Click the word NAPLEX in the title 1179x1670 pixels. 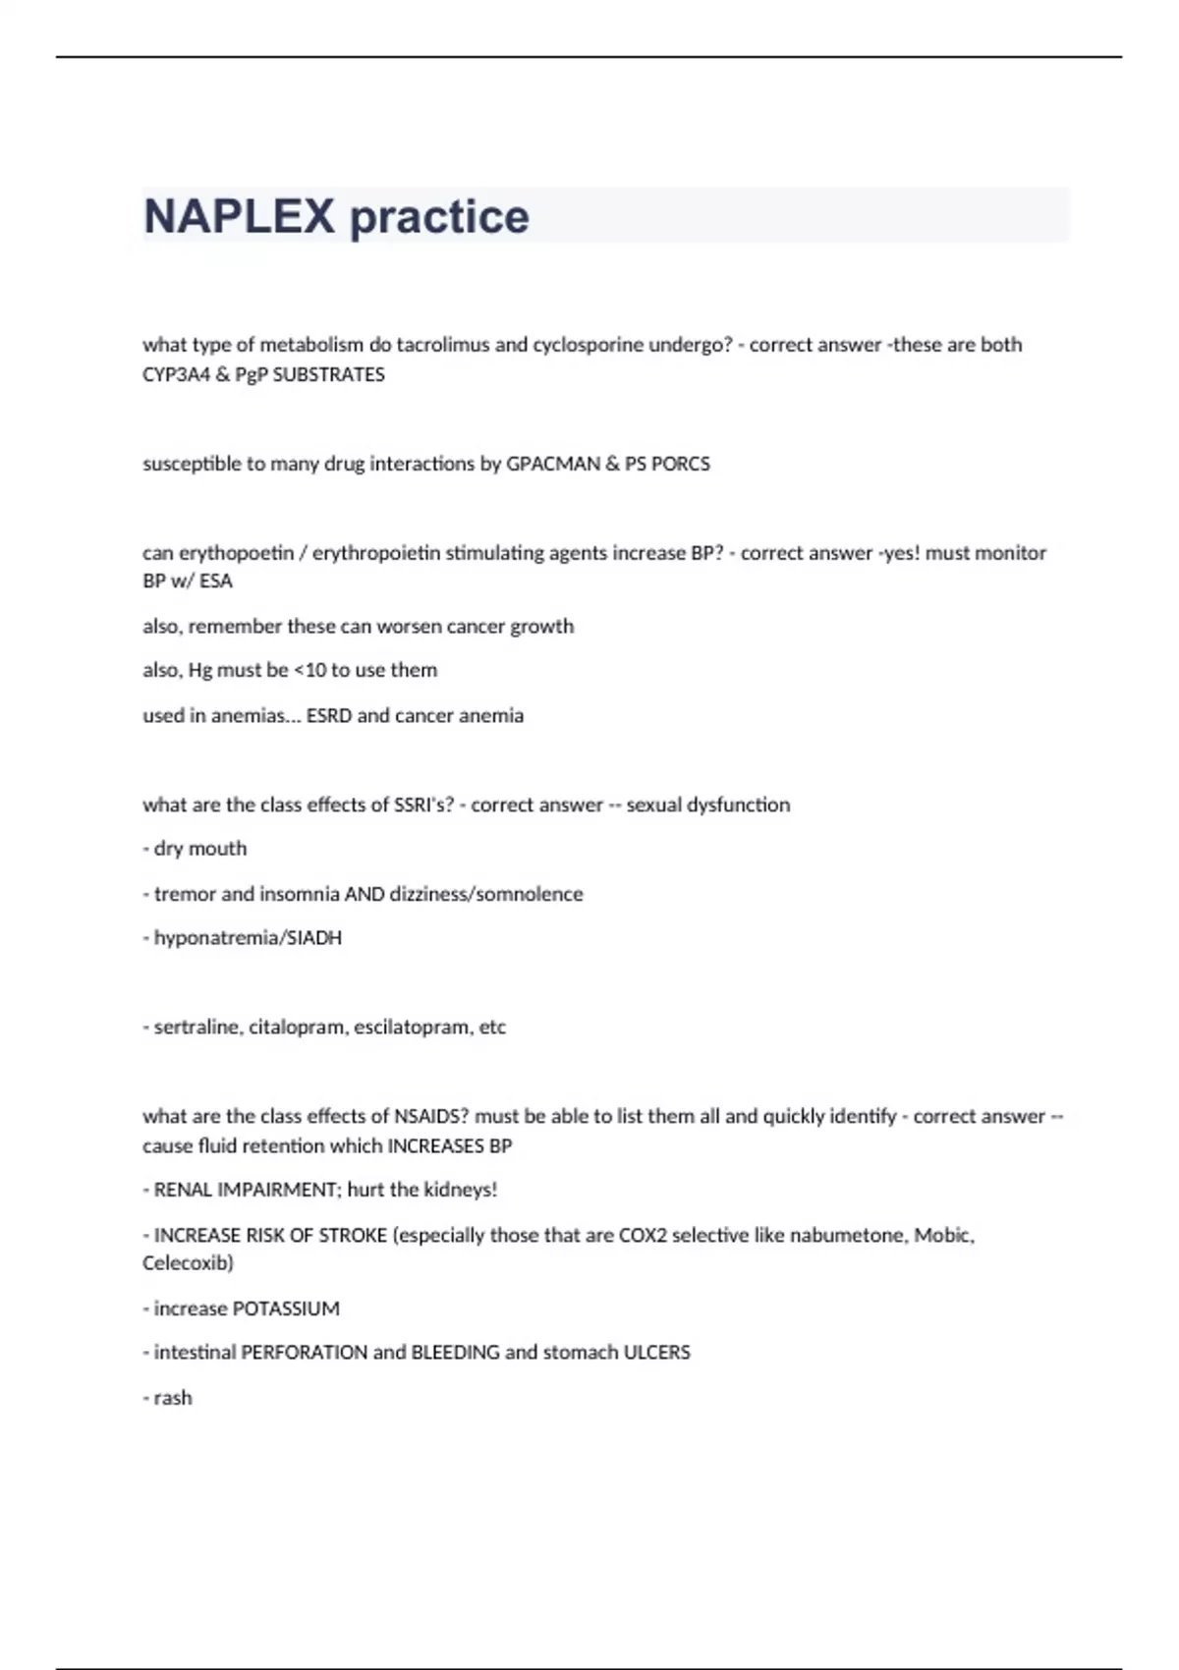[239, 216]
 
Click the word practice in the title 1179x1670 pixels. [439, 216]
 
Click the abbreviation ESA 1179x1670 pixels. [216, 581]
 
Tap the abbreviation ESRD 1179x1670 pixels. [329, 715]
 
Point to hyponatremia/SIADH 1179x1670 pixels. [248, 938]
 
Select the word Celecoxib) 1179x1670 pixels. [188, 1263]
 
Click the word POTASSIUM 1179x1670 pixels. [286, 1308]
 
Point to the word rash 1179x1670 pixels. [173, 1398]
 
